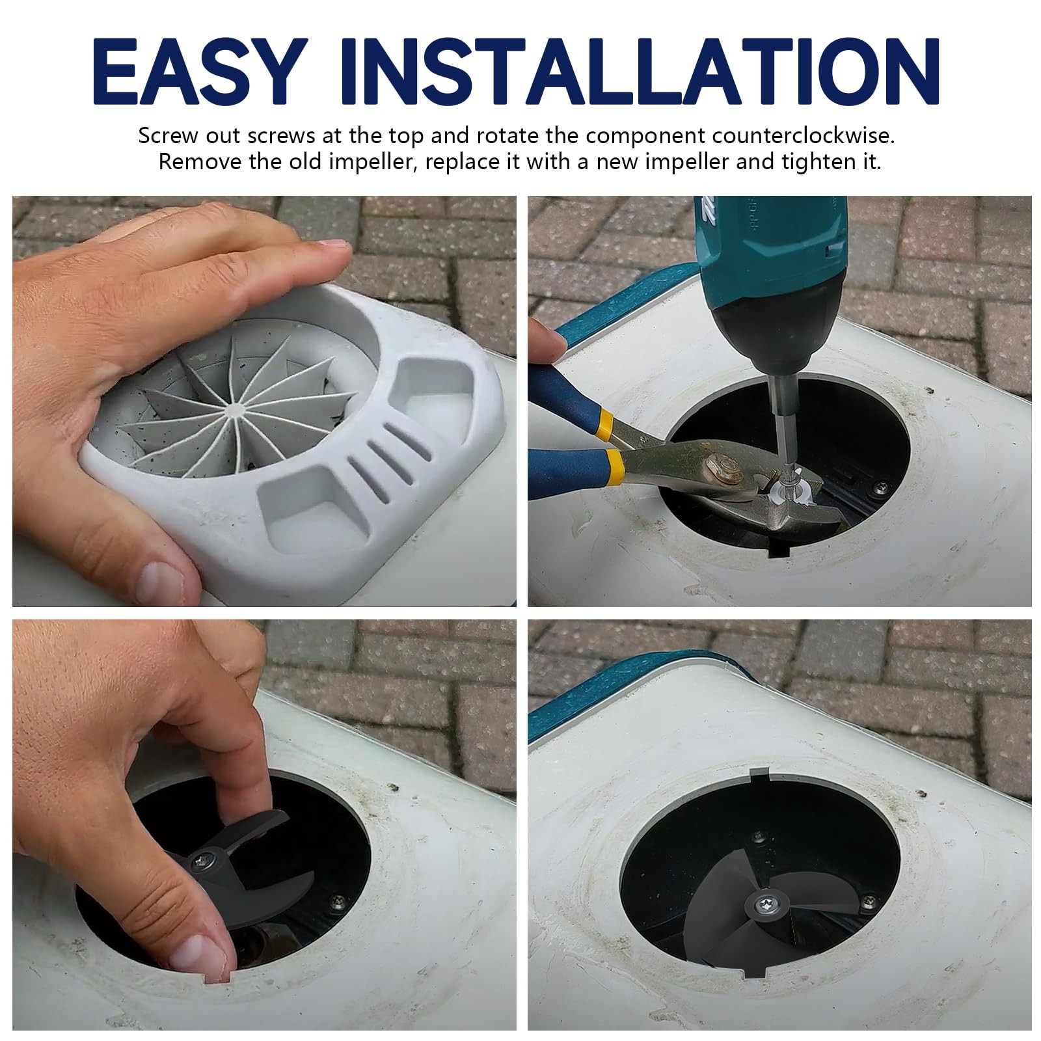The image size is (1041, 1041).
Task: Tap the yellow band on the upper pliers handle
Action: [603, 422]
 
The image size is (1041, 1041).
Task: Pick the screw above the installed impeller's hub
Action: [759, 833]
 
